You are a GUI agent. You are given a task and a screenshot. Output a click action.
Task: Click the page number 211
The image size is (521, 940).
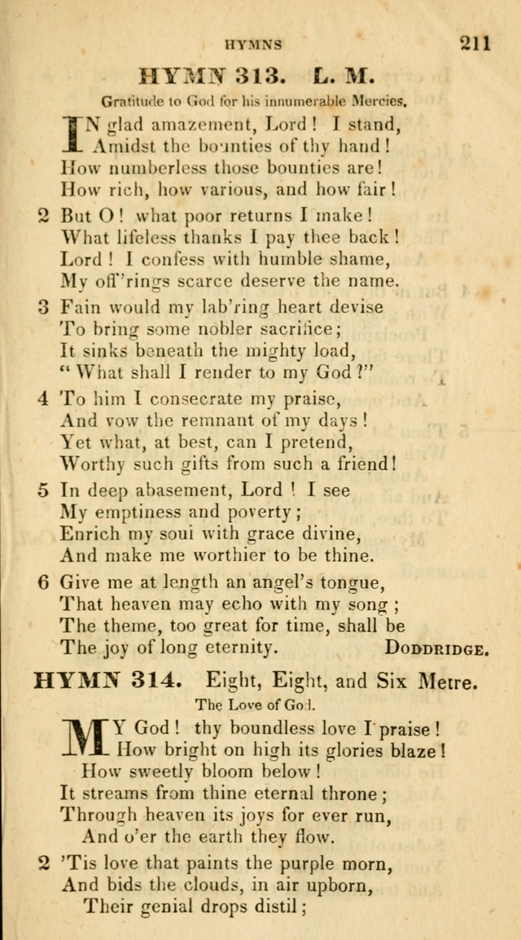pos(475,42)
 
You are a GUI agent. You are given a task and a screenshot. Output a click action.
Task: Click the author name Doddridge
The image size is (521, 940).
pos(437,649)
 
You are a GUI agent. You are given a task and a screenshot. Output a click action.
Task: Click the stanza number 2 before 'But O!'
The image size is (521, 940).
pos(44,217)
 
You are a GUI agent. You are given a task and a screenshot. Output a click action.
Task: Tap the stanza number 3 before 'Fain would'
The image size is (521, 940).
pos(44,308)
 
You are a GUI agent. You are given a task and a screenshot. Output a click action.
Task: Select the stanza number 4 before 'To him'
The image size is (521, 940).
pos(44,399)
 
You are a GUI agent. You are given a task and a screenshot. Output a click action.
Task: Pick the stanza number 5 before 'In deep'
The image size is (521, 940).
pos(44,490)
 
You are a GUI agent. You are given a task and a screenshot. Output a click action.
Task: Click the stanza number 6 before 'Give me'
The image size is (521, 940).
pos(44,582)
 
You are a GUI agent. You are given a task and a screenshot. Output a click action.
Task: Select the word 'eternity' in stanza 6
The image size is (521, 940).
pos(234,648)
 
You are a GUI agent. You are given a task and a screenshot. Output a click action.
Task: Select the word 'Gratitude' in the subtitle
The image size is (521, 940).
pos(130,102)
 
